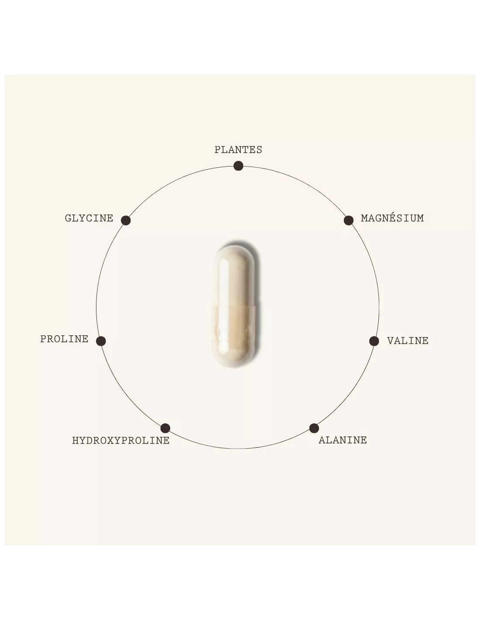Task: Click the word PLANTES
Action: pos(238,150)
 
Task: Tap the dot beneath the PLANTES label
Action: pos(238,166)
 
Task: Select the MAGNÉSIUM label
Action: pos(392,218)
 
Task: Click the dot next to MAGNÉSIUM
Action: pos(348,220)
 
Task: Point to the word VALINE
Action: pos(408,341)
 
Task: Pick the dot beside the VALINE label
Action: pos(374,341)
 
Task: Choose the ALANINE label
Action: pos(343,440)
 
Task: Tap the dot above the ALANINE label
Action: pos(314,428)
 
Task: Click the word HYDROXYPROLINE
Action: pos(121,440)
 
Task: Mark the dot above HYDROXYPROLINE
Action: pos(165,428)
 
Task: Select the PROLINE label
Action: pos(64,339)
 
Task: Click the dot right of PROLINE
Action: pos(101,341)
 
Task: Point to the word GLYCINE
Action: pos(89,218)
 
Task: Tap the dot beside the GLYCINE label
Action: pos(126,220)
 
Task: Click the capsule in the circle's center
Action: pos(235,305)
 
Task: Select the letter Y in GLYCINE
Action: pos(82,218)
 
